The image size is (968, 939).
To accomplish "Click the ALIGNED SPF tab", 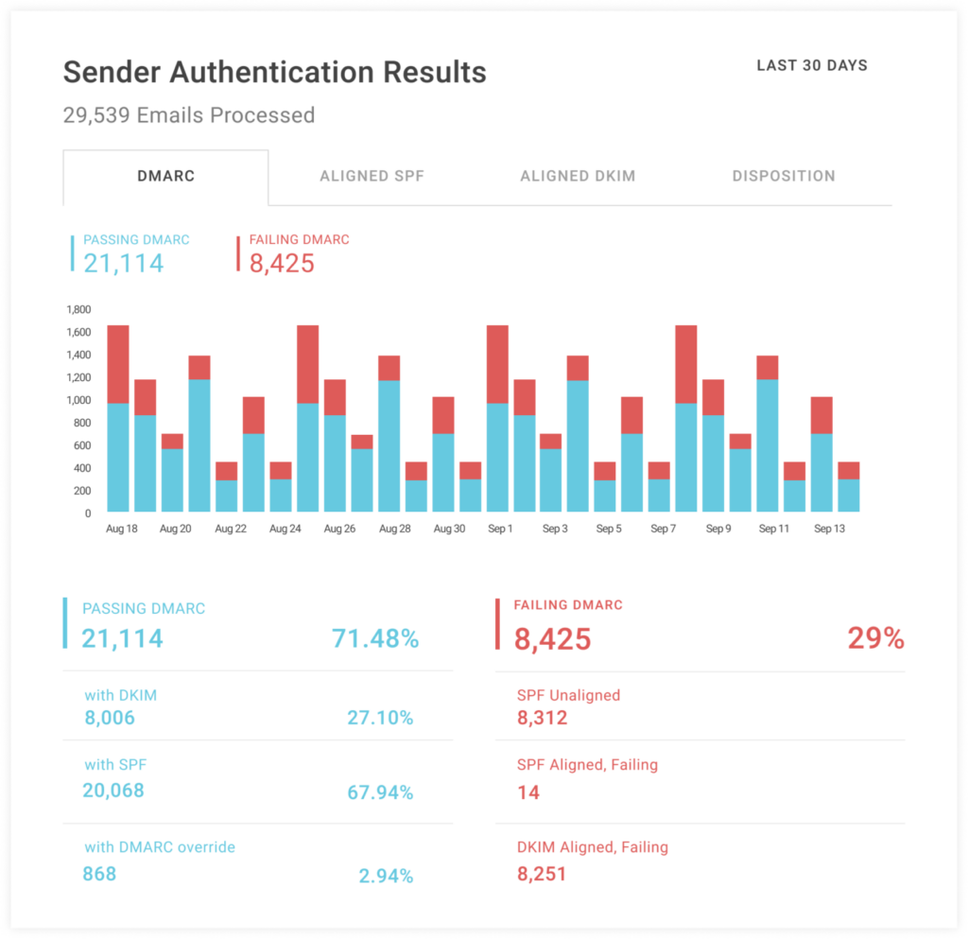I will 372,176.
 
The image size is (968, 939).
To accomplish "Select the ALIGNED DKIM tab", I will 578,176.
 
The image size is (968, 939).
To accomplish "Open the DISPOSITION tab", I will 784,176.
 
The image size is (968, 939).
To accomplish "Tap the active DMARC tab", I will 165,176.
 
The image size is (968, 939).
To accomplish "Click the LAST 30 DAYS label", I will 812,66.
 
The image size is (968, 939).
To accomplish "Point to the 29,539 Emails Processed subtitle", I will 188,115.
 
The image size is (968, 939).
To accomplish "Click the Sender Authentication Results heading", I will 274,73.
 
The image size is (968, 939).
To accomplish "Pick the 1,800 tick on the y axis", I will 78,309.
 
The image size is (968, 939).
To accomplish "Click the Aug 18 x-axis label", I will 121,529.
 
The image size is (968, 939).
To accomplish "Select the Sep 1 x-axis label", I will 500,529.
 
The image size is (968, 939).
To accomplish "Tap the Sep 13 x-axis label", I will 828,529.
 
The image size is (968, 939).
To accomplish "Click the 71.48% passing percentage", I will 374,639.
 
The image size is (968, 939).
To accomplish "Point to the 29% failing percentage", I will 875,639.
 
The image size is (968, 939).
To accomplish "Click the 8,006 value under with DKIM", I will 110,719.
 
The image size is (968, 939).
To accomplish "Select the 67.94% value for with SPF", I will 380,792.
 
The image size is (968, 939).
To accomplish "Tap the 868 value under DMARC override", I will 99,874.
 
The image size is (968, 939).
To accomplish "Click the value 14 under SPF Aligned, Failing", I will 528,792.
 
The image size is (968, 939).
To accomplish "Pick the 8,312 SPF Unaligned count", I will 543,719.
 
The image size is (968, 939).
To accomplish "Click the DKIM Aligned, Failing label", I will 593,847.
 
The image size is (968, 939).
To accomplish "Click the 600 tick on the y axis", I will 80,445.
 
